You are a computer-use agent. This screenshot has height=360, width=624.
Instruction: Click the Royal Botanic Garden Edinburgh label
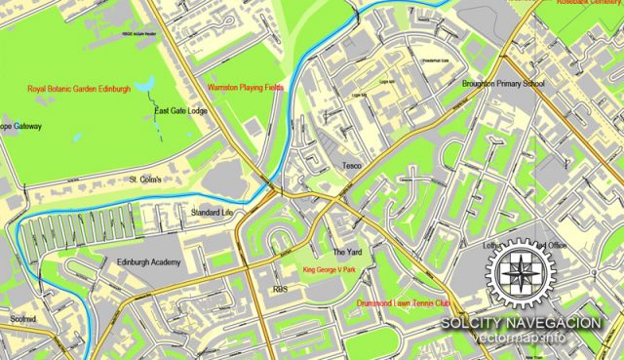[x=79, y=90]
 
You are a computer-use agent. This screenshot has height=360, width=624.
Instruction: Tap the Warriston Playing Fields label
[x=246, y=87]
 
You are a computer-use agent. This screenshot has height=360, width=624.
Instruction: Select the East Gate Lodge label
[x=181, y=111]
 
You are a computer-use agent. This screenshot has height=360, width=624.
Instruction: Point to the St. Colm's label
[x=151, y=180]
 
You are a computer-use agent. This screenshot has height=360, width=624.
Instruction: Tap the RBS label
[x=281, y=290]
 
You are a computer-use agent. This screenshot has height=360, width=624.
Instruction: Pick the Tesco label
[x=351, y=166]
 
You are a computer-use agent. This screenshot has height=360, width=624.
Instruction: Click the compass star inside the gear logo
[x=526, y=274]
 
